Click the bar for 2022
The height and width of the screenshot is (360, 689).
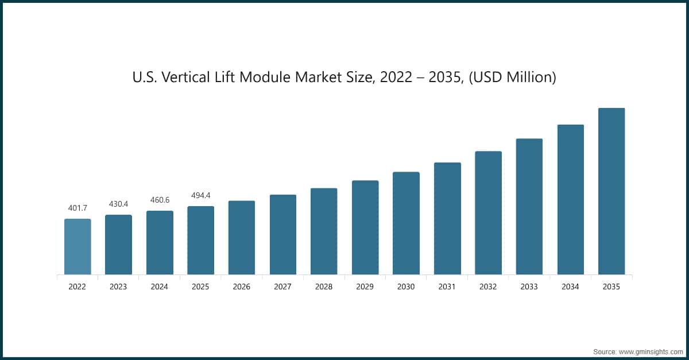[77, 246]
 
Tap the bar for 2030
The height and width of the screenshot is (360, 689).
[406, 223]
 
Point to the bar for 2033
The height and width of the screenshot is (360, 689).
[529, 207]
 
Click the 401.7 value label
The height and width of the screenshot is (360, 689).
[77, 208]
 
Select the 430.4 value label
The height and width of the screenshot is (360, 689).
[118, 204]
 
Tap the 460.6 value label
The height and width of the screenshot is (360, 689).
[160, 200]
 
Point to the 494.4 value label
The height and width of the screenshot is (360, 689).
[200, 195]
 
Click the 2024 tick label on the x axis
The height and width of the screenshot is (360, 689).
[160, 287]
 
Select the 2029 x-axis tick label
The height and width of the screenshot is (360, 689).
[365, 287]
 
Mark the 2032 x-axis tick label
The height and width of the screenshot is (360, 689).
[488, 287]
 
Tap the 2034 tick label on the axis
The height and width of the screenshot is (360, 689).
[570, 287]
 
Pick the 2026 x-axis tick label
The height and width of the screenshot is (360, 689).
[242, 287]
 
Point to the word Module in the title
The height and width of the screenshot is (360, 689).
[265, 77]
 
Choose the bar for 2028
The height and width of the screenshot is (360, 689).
[324, 231]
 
